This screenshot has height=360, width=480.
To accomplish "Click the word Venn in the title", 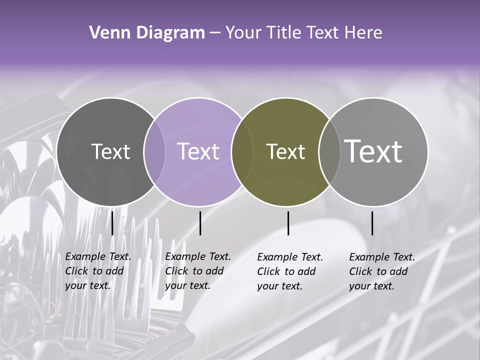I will tap(106, 33).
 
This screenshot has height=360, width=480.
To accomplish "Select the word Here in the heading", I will tap(363, 33).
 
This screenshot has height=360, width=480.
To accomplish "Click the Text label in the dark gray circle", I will tap(110, 151).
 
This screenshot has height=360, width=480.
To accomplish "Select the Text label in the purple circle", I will tap(198, 151).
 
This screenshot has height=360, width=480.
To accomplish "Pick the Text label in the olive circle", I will tap(285, 151).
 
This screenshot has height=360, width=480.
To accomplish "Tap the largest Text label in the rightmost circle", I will tap(373, 151).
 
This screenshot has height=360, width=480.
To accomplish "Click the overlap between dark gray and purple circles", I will tap(154, 151).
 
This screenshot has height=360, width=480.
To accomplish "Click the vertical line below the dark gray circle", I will tap(112, 223).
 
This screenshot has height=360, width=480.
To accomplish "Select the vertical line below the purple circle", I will tap(200, 223).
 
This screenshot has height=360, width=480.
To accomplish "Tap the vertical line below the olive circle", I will tap(288, 223).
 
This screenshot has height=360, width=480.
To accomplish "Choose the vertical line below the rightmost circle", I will tap(372, 223).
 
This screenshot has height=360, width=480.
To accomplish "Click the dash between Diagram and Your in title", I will tap(214, 33).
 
